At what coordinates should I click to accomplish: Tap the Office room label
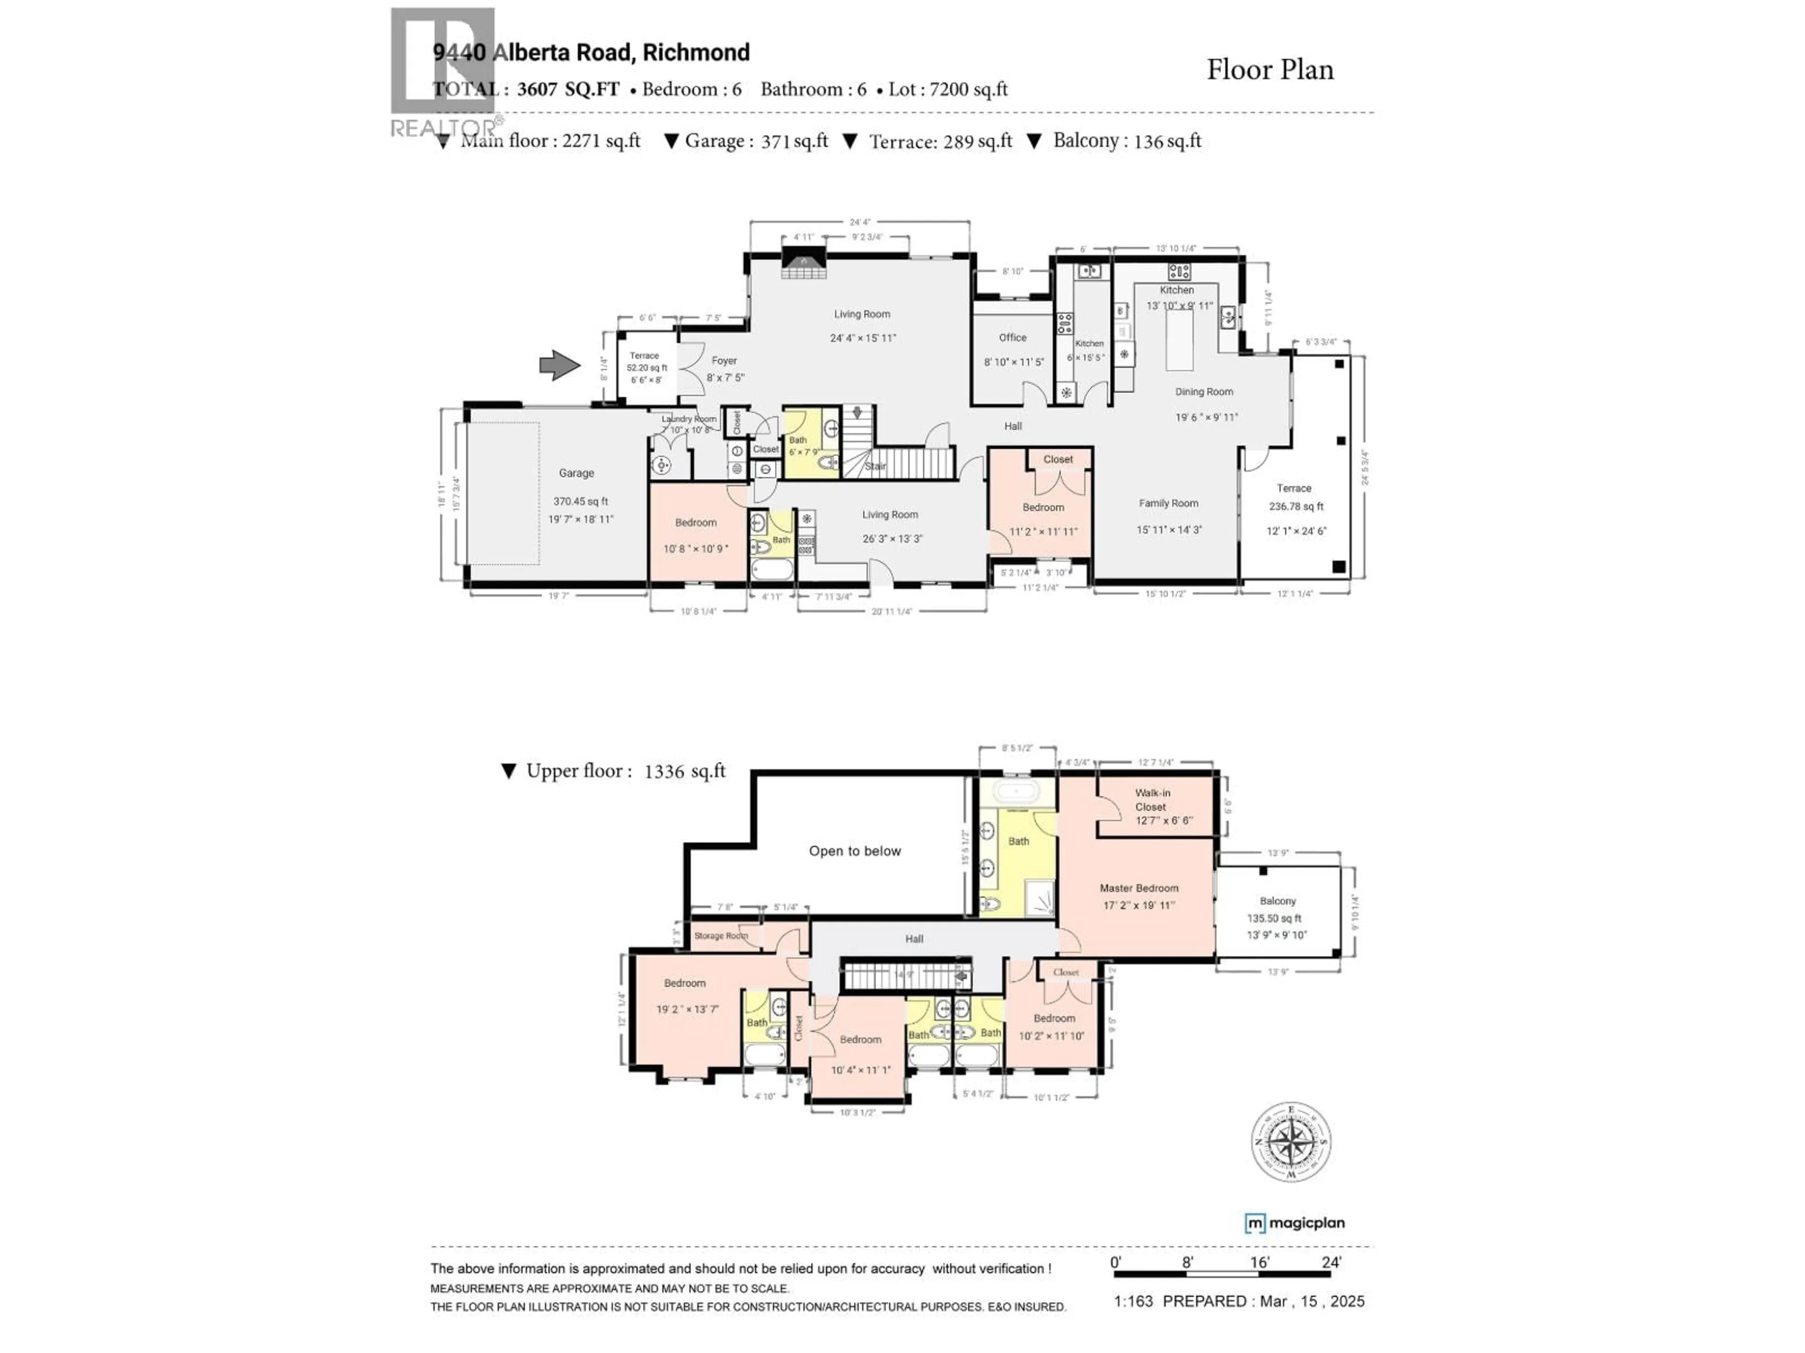pyautogui.click(x=1012, y=338)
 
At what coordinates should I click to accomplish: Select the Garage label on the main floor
pyautogui.click(x=576, y=473)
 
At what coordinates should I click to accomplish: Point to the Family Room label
pyautogui.click(x=1169, y=503)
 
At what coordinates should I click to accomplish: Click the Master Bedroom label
pyautogui.click(x=1138, y=888)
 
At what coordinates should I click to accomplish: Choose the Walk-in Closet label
pyautogui.click(x=1152, y=799)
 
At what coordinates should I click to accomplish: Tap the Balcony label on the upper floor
pyautogui.click(x=1277, y=901)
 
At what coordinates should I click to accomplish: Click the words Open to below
pyautogui.click(x=855, y=851)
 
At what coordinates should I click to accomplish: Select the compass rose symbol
pyautogui.click(x=1291, y=1142)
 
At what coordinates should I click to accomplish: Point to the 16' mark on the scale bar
pyautogui.click(x=1259, y=1262)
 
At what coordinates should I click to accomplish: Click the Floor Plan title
pyautogui.click(x=1270, y=70)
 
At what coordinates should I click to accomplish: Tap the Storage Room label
pyautogui.click(x=721, y=935)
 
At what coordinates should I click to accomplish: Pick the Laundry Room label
pyautogui.click(x=689, y=419)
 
